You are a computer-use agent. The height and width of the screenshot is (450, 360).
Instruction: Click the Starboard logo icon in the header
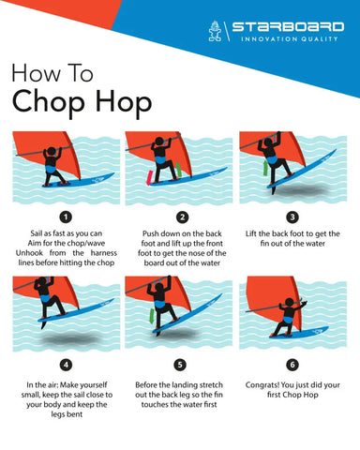[x=217, y=34]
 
